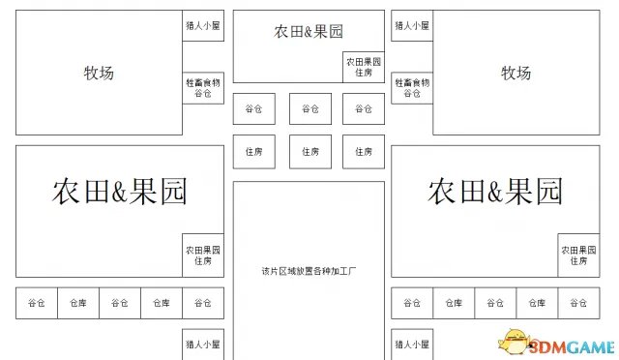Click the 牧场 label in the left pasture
point(99,73)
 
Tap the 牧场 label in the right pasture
point(516,73)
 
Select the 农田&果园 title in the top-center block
point(309,32)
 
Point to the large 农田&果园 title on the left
point(120,190)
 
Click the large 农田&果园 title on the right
point(494,190)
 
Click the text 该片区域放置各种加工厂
point(309,270)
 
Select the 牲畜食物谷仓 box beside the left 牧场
point(203,89)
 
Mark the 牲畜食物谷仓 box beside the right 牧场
point(412,89)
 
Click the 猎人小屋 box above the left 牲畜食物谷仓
point(203,26)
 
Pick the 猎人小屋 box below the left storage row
point(203,344)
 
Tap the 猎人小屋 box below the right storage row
point(412,344)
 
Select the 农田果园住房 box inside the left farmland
point(203,255)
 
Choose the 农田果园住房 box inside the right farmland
point(578,255)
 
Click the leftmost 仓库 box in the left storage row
point(78,303)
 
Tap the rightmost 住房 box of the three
point(364,152)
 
